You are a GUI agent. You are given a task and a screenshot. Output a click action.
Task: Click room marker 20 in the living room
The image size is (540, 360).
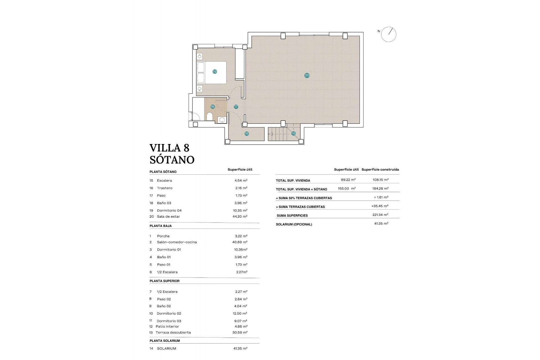click(x=307, y=75)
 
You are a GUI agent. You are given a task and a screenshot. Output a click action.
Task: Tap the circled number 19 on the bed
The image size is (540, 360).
click(x=215, y=71)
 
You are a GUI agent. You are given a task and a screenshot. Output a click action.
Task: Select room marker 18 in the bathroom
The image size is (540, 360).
click(x=212, y=107)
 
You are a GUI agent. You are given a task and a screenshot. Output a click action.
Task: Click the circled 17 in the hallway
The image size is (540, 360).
click(x=236, y=107)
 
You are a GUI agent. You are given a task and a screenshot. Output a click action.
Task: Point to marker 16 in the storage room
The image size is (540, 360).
click(x=246, y=134)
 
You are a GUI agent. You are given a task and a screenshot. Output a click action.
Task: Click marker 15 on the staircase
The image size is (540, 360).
click(x=293, y=133)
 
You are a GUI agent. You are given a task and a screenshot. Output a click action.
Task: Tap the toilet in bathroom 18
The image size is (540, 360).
click(x=210, y=116)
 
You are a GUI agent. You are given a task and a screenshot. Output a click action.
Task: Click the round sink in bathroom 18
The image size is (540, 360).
click(x=222, y=120)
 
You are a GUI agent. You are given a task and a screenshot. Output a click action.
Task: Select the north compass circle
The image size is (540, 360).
click(x=388, y=35)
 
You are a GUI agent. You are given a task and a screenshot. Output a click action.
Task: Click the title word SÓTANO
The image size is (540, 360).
click(x=172, y=160)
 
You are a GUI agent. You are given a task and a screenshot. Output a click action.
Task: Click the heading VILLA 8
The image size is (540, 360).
click(x=169, y=148)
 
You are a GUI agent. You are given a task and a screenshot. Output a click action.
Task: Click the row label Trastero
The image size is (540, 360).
click(x=165, y=188)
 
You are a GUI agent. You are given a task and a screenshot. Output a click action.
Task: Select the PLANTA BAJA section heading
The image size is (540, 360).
click(x=160, y=226)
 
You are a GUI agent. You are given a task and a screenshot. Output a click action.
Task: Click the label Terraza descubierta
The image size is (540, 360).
click(x=173, y=332)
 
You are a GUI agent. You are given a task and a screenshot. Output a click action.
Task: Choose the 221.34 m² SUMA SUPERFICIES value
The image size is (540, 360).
click(x=380, y=215)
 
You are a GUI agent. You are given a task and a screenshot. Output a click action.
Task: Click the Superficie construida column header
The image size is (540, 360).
click(x=380, y=170)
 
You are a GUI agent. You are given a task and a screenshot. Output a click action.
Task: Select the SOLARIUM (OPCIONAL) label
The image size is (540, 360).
click(x=294, y=224)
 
